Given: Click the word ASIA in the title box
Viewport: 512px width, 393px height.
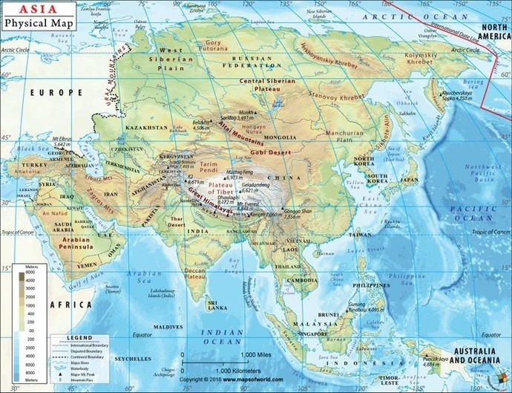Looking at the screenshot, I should [22, 10].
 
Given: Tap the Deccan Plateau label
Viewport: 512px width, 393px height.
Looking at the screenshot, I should [194, 273].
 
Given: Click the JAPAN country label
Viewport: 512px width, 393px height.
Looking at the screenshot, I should [410, 179].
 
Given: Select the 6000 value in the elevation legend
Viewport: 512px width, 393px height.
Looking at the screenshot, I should [10, 273].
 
